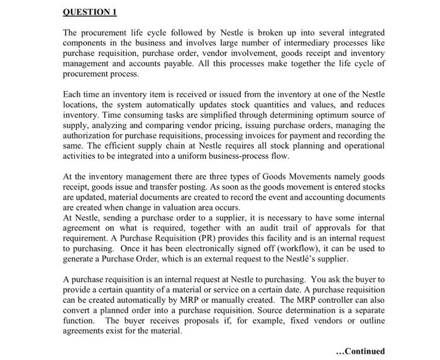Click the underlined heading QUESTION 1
[91, 13]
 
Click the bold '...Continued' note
[361, 351]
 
